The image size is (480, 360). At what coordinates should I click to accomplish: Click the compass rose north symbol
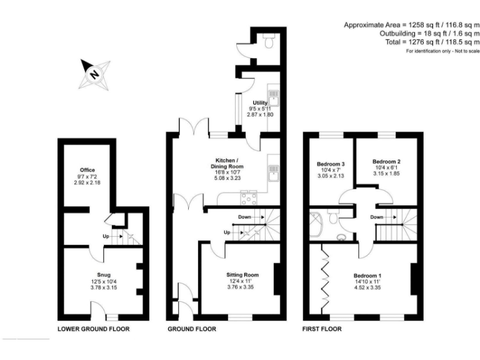coord(94,74)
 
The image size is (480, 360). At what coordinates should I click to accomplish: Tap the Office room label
coord(86,169)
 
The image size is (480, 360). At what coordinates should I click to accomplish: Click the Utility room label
coord(259,102)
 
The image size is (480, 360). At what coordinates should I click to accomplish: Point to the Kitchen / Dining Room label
coord(226,167)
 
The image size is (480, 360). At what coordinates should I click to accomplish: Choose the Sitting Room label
coord(242,274)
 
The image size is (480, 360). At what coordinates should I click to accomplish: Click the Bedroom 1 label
coord(367,276)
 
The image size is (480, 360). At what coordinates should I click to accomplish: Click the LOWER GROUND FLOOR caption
coord(93,329)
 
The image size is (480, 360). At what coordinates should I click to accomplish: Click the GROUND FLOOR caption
coord(192,329)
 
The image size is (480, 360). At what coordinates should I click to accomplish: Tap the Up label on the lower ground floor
coord(106,236)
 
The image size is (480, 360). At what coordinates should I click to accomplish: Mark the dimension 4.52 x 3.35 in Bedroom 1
coord(367,288)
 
